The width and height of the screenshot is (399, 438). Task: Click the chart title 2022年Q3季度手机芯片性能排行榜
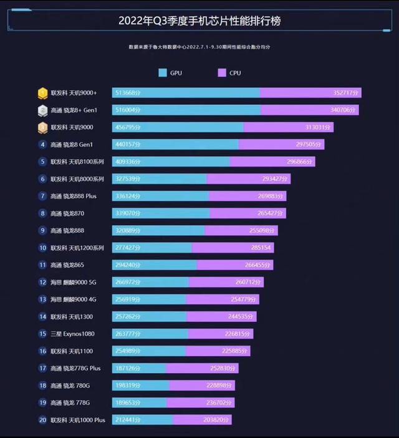[199, 21]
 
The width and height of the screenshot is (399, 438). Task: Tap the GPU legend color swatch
[163, 73]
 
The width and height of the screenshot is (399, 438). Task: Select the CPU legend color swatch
[221, 73]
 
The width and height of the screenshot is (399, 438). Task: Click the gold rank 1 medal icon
[42, 93]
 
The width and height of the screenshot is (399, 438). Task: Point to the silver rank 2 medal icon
[42, 110]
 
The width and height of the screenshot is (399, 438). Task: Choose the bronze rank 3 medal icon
[42, 127]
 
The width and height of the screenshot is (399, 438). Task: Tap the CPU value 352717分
[344, 93]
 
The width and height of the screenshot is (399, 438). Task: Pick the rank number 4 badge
[42, 145]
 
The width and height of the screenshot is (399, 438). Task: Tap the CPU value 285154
[261, 248]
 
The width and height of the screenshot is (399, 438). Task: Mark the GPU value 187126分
[127, 368]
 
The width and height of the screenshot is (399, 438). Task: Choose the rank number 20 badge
[42, 420]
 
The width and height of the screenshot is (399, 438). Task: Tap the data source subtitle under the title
[199, 47]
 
